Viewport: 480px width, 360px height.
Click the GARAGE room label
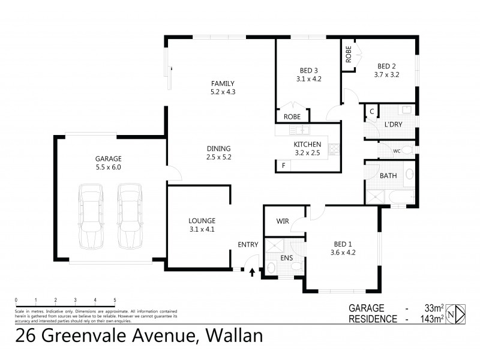(108, 158)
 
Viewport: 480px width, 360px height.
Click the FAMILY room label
(222, 83)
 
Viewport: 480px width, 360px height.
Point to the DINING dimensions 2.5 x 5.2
(218, 157)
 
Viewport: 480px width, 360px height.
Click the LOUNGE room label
(202, 220)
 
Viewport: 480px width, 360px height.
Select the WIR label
(283, 221)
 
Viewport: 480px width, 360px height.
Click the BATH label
(387, 176)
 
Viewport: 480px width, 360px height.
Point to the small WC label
(397, 151)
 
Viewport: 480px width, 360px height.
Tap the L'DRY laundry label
(394, 125)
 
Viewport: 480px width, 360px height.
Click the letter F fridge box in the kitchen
(283, 165)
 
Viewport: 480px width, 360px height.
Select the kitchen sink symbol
(298, 130)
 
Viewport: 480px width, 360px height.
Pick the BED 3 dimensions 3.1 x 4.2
(310, 79)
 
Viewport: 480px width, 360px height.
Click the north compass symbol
(459, 313)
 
